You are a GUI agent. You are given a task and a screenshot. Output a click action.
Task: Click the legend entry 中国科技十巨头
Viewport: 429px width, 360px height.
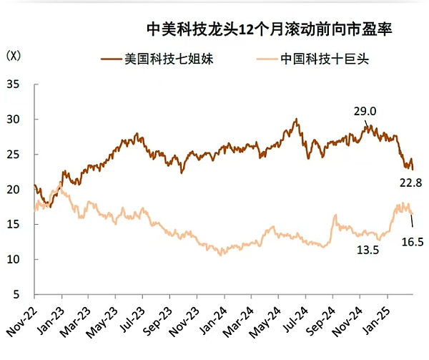tap(325, 59)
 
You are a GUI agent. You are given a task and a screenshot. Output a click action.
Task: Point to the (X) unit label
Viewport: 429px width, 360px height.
tap(13, 55)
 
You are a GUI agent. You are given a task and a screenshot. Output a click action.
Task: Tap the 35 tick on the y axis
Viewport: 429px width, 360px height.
tap(14, 84)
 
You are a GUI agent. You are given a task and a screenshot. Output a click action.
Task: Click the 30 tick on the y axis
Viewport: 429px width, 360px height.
tap(14, 120)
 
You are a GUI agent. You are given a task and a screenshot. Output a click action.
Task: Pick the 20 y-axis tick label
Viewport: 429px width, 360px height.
tap(14, 190)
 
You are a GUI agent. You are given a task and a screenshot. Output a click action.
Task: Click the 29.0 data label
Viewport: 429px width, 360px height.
tap(365, 111)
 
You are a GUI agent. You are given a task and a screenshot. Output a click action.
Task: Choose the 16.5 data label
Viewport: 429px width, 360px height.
tap(413, 242)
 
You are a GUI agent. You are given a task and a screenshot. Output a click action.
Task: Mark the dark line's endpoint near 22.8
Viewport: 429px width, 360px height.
tap(413, 169)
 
